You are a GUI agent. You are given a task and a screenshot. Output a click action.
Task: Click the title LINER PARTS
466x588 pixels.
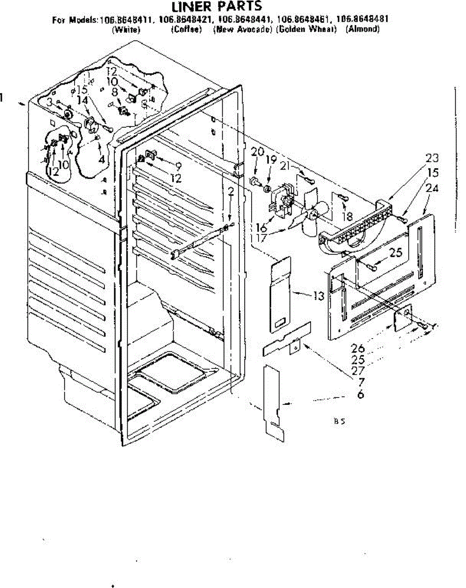click(216, 6)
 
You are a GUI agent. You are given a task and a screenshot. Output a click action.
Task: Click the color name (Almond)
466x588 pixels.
click(363, 29)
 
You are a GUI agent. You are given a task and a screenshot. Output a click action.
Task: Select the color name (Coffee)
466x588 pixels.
click(186, 29)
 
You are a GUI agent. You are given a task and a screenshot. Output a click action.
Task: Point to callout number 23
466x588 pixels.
click(432, 158)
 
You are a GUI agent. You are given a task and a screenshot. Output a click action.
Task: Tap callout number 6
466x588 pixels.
click(361, 394)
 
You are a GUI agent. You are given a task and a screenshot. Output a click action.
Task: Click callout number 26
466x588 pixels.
click(358, 349)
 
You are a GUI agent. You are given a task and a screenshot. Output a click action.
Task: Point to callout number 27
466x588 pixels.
click(358, 371)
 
